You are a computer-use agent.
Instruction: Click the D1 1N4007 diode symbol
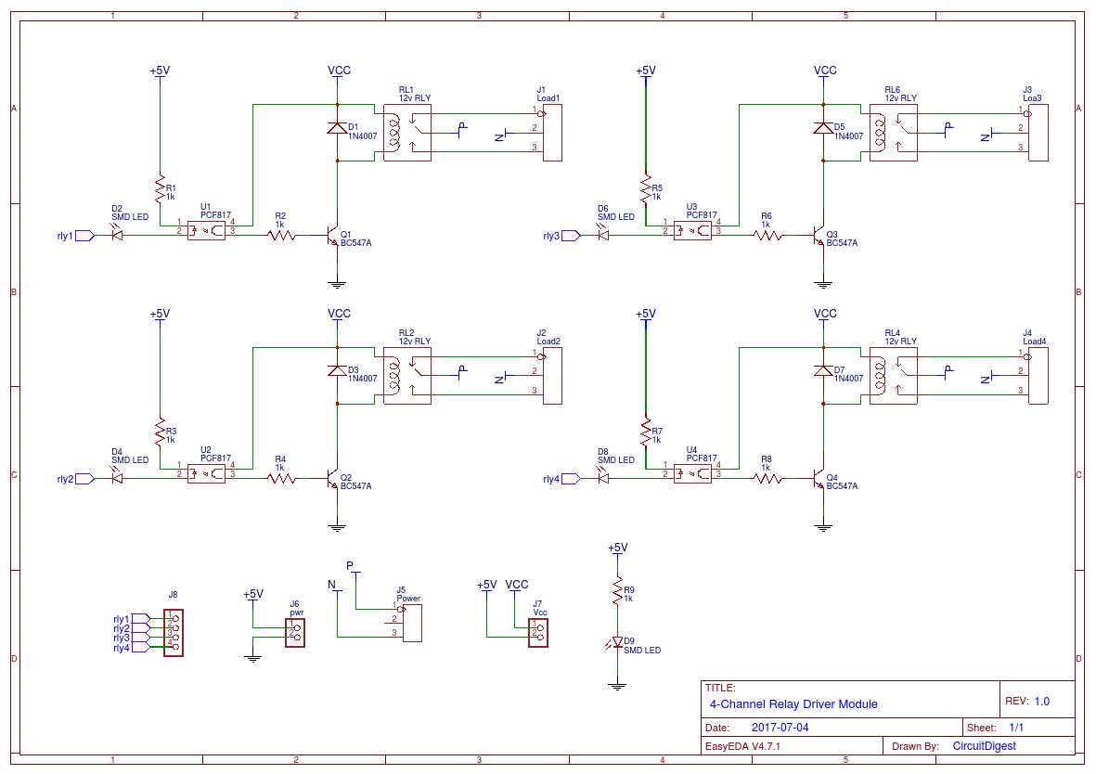click(x=337, y=128)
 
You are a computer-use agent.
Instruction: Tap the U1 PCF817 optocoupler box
click(x=206, y=230)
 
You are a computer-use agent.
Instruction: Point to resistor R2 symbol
click(x=281, y=236)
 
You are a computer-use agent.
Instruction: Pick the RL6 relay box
click(x=893, y=134)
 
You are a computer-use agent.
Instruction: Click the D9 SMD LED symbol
click(x=615, y=642)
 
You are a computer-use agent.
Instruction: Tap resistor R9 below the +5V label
click(x=615, y=588)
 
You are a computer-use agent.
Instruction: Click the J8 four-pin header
click(x=174, y=633)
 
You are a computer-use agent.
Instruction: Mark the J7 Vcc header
click(x=538, y=633)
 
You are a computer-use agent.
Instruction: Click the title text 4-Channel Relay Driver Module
click(x=793, y=703)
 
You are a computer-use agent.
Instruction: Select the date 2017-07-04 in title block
click(x=780, y=728)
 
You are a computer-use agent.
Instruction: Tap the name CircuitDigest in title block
click(x=984, y=745)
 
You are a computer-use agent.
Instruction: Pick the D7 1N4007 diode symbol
click(x=822, y=371)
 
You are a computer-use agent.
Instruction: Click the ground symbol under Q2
click(x=337, y=527)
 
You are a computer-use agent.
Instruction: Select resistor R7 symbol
click(x=645, y=432)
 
